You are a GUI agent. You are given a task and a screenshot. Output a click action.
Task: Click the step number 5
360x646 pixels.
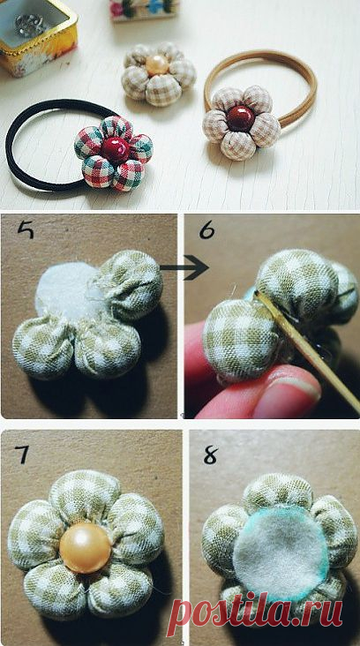(26, 229)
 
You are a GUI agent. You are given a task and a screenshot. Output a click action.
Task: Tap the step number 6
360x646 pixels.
(206, 231)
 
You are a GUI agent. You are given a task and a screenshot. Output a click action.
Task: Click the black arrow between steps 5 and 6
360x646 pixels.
(184, 267)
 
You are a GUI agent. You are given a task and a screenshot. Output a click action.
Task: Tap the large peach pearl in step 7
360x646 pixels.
(86, 548)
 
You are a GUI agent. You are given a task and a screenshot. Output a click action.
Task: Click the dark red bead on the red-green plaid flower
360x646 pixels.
(116, 149)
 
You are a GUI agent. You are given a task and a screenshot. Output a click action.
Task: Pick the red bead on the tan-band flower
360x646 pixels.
(241, 118)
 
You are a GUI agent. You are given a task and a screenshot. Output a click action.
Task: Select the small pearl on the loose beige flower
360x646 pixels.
(157, 65)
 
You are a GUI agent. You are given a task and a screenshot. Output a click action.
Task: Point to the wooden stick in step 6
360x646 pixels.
(307, 351)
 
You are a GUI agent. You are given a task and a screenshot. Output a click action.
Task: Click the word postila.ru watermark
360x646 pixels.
(254, 612)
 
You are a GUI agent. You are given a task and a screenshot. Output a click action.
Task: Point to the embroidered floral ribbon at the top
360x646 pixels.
(144, 9)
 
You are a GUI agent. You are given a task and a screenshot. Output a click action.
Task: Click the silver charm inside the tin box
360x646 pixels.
(30, 26)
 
